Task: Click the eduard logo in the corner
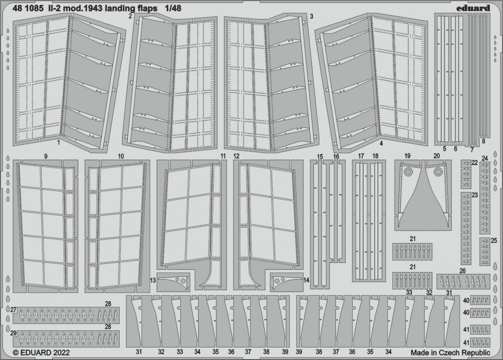coord(473,9)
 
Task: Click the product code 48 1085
coord(28,9)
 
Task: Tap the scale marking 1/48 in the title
coord(173,9)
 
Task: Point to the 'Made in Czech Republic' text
coord(450,352)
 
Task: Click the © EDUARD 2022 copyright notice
coord(41,352)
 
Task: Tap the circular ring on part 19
coord(408,172)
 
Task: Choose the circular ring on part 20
coord(438,172)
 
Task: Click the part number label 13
coord(153,281)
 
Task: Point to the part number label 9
coord(46,156)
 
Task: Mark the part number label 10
coord(121,156)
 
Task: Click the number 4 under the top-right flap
coord(381,144)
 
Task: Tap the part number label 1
coord(58,142)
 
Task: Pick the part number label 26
coord(462,271)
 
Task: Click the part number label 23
coord(475,195)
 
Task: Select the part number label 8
coord(483,140)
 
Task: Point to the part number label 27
coord(13,310)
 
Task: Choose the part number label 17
coord(361,156)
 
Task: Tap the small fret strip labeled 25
coord(485,251)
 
